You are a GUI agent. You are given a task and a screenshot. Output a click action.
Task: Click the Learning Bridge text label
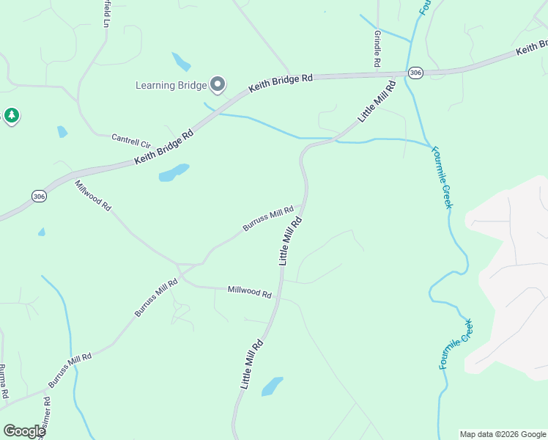click(171, 85)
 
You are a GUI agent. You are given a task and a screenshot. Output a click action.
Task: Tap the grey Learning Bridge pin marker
click(218, 85)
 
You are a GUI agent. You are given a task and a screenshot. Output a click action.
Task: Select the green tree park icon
click(11, 116)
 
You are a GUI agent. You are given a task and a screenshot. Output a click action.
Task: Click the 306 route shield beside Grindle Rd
click(416, 73)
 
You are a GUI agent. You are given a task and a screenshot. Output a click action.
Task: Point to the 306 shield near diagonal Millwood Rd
click(39, 196)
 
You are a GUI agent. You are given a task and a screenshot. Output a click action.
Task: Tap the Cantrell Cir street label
click(130, 139)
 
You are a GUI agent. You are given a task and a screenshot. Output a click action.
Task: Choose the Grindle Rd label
click(377, 49)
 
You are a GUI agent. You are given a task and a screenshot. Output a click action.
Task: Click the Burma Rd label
click(4, 381)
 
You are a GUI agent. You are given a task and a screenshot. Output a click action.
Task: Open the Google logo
click(24, 431)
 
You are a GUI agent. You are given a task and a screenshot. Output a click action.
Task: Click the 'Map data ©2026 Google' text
click(503, 434)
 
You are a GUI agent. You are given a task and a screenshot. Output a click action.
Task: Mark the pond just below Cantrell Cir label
click(174, 172)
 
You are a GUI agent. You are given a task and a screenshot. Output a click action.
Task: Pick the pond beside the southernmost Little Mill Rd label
click(272, 386)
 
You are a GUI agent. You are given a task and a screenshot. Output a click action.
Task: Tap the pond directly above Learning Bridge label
click(181, 61)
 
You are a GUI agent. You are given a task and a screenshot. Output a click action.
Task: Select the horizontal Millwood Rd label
click(250, 291)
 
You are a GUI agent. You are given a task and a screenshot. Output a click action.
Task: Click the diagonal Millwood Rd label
click(93, 197)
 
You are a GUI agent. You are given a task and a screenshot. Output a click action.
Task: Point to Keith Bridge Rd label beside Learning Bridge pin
click(281, 81)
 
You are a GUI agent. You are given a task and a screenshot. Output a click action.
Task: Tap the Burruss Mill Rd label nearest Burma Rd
click(70, 370)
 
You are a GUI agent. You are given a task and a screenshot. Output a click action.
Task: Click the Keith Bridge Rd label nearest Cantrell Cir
click(165, 147)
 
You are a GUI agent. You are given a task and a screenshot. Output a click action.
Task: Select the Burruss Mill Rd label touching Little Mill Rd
click(269, 219)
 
